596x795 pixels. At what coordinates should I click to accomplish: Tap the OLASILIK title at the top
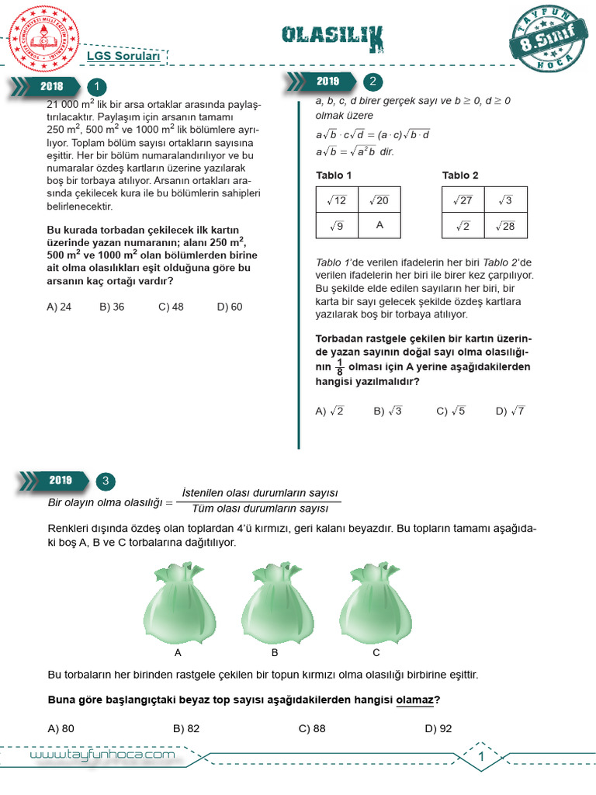[332, 35]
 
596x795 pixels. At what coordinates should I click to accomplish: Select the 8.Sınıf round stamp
[548, 40]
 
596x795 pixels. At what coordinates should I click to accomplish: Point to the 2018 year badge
[51, 87]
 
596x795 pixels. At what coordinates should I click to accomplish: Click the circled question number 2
[372, 82]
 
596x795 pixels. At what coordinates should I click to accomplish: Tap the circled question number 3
[105, 481]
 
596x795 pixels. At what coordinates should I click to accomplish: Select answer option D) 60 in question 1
[230, 307]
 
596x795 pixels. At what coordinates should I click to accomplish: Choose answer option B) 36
[112, 307]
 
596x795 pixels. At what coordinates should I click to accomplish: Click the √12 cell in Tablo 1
[337, 200]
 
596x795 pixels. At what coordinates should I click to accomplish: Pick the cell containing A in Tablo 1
[379, 225]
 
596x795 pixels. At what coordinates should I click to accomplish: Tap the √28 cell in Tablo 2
[505, 225]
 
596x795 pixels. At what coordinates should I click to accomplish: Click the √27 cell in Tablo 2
[463, 200]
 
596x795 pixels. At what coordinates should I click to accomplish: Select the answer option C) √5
[451, 411]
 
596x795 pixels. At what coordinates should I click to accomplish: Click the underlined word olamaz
[414, 700]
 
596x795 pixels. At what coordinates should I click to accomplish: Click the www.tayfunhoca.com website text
[102, 755]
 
